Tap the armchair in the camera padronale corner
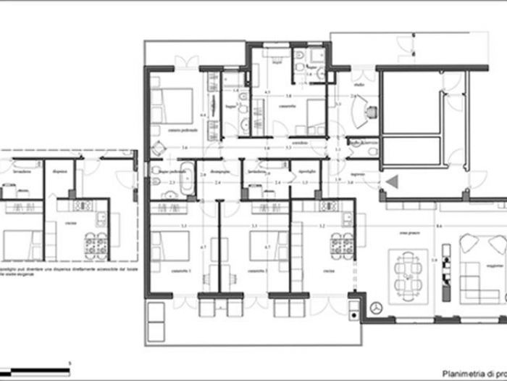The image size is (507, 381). (158, 149)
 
